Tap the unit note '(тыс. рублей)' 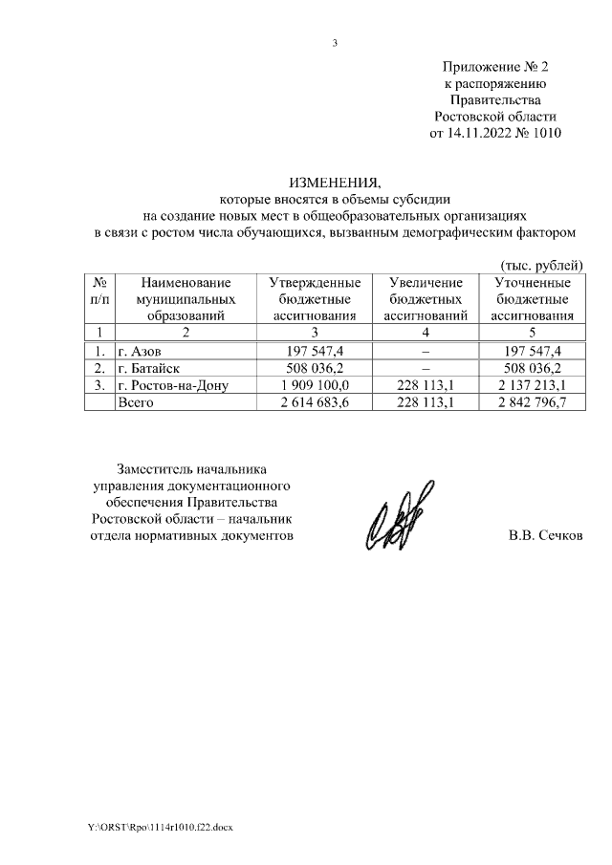[542, 264]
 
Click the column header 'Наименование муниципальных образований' [186, 298]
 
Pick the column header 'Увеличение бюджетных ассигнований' [425, 298]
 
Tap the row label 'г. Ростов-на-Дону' [172, 385]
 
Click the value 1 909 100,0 [313, 385]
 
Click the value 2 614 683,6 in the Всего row [313, 402]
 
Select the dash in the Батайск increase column [425, 367]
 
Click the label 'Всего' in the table [135, 402]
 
